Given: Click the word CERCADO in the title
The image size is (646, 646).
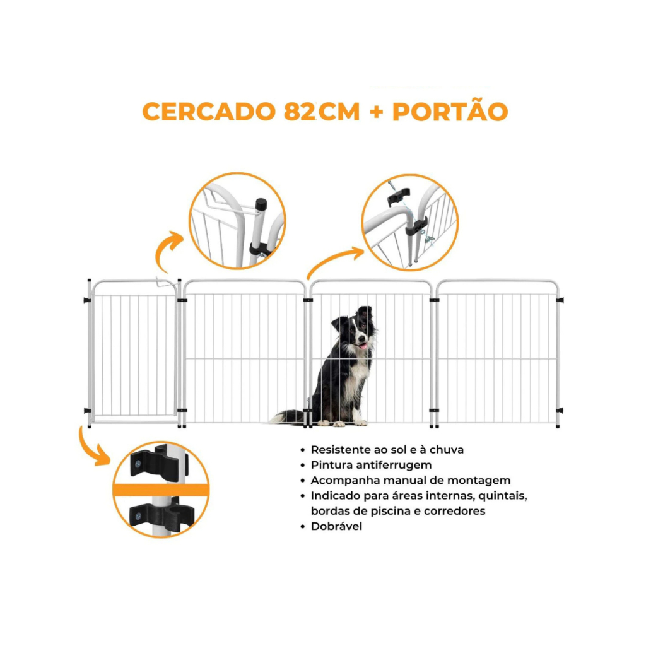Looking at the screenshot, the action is point(209,111).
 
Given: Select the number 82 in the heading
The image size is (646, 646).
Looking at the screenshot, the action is point(300,111).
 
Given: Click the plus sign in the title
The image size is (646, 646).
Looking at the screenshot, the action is point(376,112).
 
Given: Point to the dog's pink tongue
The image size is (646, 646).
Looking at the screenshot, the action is point(363,345).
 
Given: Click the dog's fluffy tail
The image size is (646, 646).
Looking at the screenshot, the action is point(288,416).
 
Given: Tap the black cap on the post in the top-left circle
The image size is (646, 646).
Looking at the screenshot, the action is point(261,204).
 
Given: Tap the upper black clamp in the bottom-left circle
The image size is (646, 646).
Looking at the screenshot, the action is point(158,462).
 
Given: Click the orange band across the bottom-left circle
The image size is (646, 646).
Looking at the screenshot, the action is point(161,490).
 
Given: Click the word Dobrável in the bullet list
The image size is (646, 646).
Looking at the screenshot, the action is point(336,526).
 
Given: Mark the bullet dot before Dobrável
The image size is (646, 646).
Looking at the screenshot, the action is point(303,527).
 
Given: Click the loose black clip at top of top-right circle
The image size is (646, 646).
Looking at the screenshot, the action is point(399,196).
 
